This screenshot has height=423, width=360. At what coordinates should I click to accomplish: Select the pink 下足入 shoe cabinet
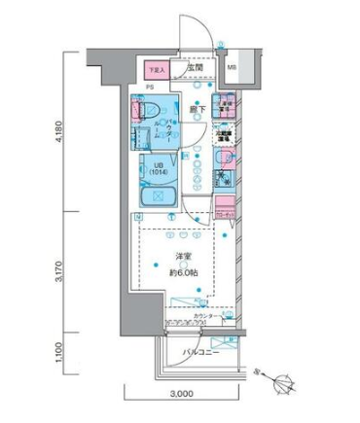[x=157, y=70]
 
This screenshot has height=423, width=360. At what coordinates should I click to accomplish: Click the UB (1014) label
[x=157, y=168]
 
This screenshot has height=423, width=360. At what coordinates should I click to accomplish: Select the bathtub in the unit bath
[x=156, y=197]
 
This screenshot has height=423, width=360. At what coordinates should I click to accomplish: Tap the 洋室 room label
[x=182, y=257]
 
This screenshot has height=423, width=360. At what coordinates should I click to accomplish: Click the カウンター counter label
[x=205, y=317]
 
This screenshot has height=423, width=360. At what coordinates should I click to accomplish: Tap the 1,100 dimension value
[x=61, y=349]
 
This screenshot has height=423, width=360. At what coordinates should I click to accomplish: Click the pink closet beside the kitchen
[x=225, y=207]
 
